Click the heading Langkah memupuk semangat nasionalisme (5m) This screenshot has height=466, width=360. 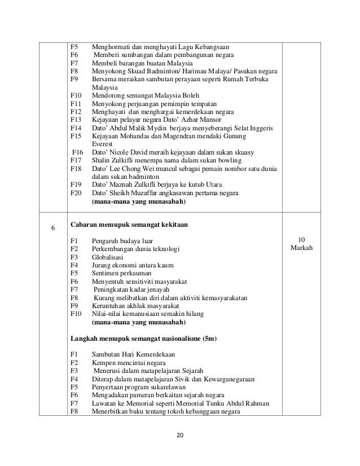(140, 338)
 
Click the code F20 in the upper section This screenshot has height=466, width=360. (76, 192)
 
